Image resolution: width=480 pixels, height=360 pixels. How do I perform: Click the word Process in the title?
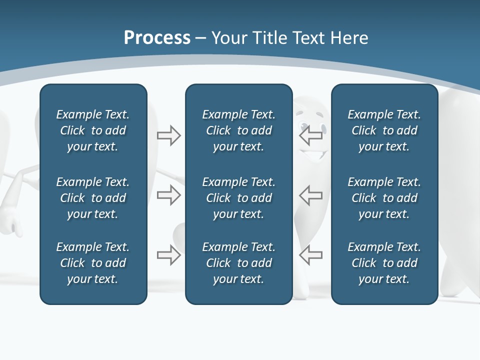coord(157,38)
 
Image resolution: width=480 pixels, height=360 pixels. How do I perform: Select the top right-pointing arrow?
coord(168,135)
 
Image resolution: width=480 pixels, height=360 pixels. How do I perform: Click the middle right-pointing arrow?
coord(168,195)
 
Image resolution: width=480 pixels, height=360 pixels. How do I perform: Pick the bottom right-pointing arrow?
coord(168,255)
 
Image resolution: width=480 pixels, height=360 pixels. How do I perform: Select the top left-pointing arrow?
coord(310,135)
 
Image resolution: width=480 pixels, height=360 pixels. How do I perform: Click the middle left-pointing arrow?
coord(310,195)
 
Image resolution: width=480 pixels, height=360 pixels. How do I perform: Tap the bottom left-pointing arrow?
coord(310,255)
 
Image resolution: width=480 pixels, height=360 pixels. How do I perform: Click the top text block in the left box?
coord(93,130)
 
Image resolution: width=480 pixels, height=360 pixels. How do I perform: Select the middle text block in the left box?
coord(93,198)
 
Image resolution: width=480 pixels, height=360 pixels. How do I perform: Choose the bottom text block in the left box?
coord(93,263)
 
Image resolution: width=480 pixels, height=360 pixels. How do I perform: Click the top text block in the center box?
coord(238,130)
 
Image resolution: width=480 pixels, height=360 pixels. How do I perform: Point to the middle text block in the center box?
coord(238,198)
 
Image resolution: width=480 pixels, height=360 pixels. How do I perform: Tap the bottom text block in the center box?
coord(238,263)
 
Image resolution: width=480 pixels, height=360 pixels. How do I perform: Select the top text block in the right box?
coord(384,130)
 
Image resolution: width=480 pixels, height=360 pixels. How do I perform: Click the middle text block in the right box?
coord(384,198)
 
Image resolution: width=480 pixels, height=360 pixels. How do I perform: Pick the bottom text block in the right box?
coord(384,263)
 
